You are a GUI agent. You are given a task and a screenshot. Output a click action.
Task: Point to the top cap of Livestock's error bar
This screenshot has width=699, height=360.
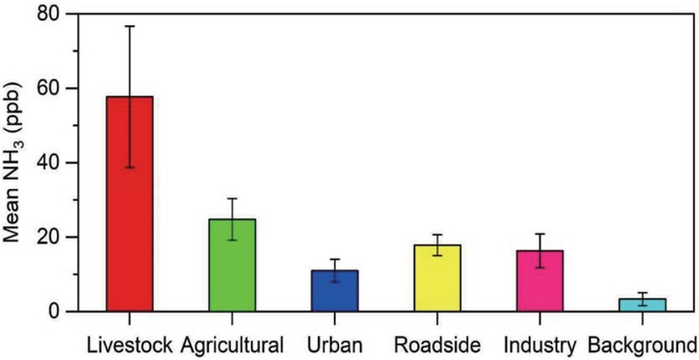(x=129, y=26)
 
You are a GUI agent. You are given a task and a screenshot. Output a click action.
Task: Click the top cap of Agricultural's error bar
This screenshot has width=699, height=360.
(x=232, y=199)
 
